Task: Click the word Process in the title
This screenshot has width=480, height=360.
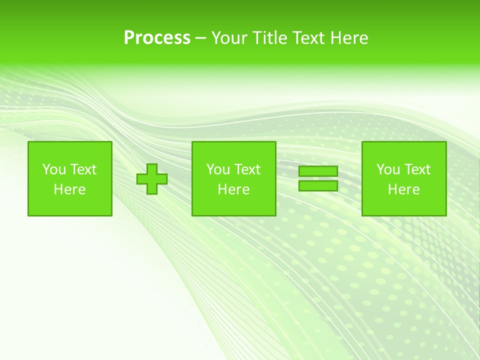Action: (x=157, y=38)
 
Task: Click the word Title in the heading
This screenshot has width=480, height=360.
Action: (x=270, y=38)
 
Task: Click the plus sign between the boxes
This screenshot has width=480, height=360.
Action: (x=152, y=179)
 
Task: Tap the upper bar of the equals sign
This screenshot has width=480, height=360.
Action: (x=318, y=171)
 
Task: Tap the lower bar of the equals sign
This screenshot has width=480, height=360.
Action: (x=318, y=185)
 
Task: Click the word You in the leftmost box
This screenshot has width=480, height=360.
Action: (x=53, y=169)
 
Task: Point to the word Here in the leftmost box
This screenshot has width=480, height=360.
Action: (x=70, y=189)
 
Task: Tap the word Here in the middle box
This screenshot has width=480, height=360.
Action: (x=234, y=189)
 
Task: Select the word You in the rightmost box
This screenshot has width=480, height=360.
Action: (x=387, y=169)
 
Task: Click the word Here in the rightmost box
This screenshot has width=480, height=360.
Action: (x=404, y=189)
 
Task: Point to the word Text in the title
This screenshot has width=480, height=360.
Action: (x=310, y=38)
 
